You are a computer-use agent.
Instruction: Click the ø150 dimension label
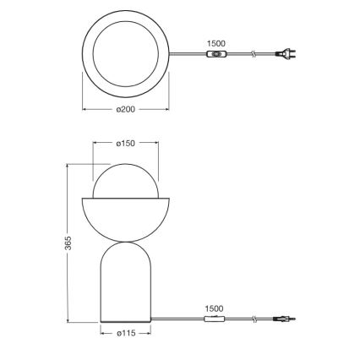125,143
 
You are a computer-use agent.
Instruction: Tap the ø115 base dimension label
125,333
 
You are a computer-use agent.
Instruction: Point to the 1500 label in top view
216,43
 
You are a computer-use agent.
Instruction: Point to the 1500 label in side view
214,308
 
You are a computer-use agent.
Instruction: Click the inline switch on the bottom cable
215,319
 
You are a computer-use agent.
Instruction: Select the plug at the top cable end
286,54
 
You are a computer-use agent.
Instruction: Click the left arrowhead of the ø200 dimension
84,109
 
